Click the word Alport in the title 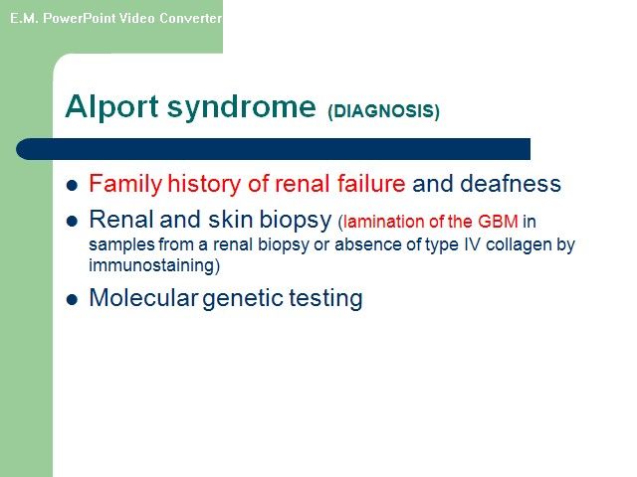(x=111, y=106)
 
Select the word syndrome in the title (x=241, y=106)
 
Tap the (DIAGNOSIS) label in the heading (x=384, y=111)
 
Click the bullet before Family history (x=72, y=186)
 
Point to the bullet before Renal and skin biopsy (x=72, y=221)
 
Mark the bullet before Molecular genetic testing (x=72, y=300)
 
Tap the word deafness (x=511, y=183)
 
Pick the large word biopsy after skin (x=296, y=221)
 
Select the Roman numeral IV (x=471, y=244)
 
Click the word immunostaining (x=151, y=265)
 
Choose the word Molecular (x=143, y=297)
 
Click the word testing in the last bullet (x=325, y=299)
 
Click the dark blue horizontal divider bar (x=273, y=149)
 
